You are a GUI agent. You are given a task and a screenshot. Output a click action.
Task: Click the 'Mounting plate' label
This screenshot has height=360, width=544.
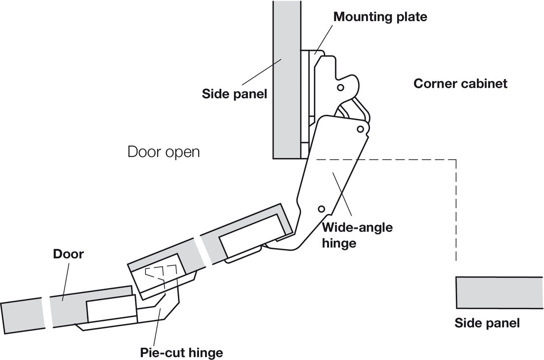click(380, 16)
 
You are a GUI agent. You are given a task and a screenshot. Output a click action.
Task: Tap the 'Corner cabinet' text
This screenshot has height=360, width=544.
click(460, 83)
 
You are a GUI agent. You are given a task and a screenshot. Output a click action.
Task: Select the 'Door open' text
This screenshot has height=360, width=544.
click(164, 151)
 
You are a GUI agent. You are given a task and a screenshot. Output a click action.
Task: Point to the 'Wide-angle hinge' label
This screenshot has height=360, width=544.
click(357, 235)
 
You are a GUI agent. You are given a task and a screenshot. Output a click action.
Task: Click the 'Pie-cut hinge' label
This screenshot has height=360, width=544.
click(181, 353)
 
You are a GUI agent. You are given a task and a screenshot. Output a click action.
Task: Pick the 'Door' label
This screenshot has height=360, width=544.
click(68, 254)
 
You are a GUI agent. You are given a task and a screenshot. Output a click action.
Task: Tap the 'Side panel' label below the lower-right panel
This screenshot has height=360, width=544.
click(487, 324)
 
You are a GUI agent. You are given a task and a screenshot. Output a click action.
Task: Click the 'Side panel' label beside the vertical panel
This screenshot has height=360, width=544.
click(235, 93)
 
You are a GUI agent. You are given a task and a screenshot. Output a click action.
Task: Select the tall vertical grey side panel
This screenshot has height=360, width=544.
click(286, 79)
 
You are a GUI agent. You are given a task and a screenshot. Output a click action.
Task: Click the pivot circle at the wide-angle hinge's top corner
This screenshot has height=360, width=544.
click(360, 129)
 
